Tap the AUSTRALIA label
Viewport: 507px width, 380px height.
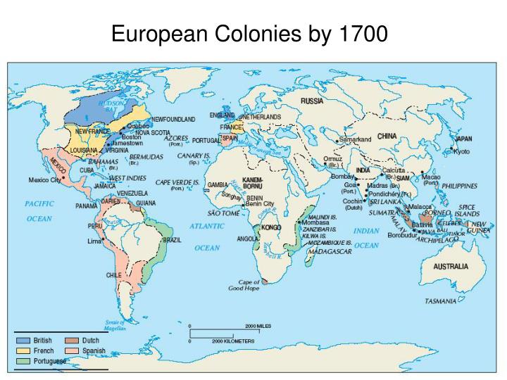point(450,267)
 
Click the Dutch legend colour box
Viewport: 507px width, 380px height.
point(71,341)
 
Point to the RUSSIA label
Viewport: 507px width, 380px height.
point(312,101)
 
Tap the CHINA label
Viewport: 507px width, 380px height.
point(387,136)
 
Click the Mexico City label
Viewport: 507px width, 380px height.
point(44,180)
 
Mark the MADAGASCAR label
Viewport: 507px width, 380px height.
point(327,251)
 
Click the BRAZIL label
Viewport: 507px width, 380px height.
point(171,239)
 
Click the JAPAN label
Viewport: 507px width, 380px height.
point(463,139)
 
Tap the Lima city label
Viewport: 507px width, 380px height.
point(94,241)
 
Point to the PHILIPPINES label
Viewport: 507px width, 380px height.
point(459,186)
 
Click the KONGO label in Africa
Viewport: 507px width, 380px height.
point(271,228)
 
